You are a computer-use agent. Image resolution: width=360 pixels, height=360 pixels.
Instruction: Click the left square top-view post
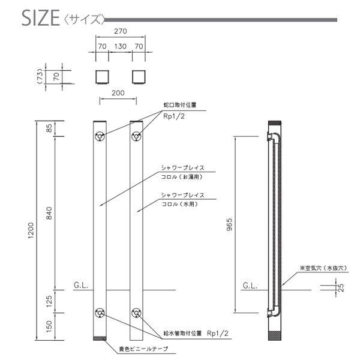point(102,77)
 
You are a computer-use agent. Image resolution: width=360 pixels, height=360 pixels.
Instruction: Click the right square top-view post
point(138,77)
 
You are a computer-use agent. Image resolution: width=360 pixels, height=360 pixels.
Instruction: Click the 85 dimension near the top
point(49,128)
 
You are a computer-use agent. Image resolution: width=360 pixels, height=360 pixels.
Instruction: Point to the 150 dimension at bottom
point(49,327)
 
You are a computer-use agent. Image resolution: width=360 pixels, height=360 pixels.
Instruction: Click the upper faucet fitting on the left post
point(99,136)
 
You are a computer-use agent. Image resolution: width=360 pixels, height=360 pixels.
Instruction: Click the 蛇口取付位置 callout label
point(180,104)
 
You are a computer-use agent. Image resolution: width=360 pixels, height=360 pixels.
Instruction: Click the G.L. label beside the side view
point(250,286)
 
